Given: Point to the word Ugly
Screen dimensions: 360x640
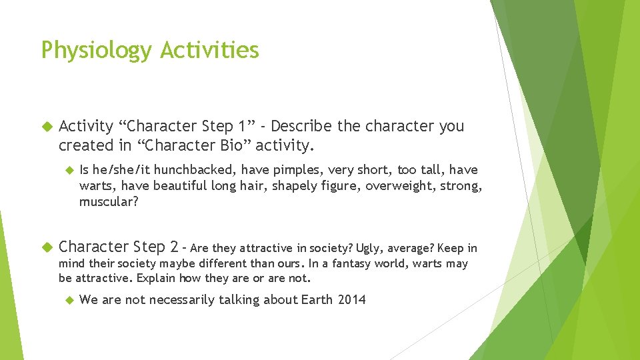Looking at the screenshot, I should pos(367,248).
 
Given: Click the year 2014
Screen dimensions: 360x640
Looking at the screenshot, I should pos(351,300).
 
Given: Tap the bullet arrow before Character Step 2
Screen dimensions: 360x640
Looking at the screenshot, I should pos(46,247).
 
